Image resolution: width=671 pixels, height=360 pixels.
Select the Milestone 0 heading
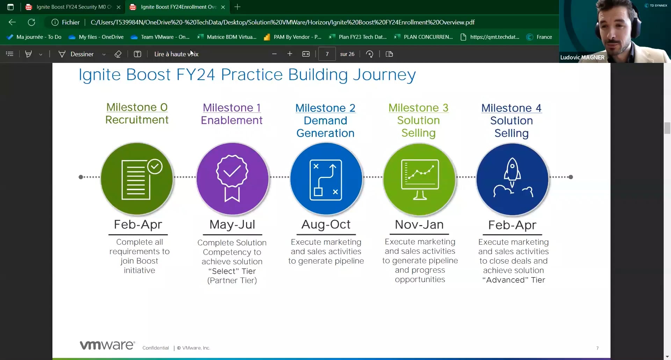click(x=137, y=107)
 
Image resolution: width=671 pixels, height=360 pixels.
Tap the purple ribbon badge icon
click(x=232, y=178)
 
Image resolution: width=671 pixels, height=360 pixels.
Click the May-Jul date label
click(x=232, y=224)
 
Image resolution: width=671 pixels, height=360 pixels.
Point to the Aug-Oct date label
click(x=326, y=224)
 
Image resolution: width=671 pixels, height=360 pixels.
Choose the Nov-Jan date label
click(x=419, y=224)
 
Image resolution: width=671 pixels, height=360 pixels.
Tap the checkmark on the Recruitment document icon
click(x=155, y=166)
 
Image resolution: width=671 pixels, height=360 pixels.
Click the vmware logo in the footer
click(x=107, y=345)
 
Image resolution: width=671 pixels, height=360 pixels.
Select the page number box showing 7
click(x=327, y=54)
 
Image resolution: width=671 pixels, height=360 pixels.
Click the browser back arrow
click(x=12, y=22)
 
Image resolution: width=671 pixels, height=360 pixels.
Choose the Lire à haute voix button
click(x=176, y=54)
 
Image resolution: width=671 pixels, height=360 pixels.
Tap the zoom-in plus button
click(x=290, y=54)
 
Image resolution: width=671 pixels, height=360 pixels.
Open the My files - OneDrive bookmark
click(x=96, y=37)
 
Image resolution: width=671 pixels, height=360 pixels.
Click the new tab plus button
click(x=237, y=7)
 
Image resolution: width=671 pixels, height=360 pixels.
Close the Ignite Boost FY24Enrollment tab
click(x=223, y=7)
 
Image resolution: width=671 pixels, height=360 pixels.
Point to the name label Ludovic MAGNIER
click(x=582, y=57)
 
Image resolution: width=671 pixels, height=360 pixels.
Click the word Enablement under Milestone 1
click(x=231, y=120)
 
